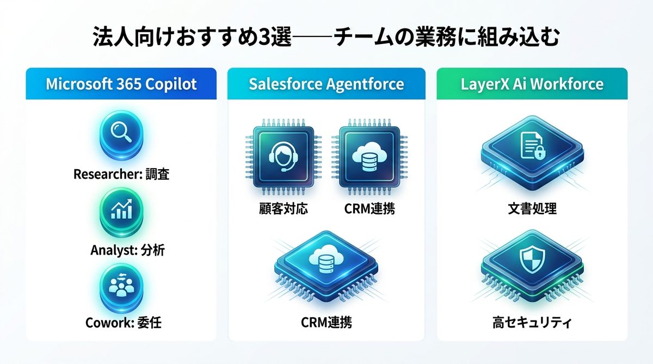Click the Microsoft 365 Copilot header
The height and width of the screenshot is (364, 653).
(x=121, y=84)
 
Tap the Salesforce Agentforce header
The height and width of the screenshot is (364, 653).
(x=326, y=84)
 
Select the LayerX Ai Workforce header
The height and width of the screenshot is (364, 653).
(x=532, y=84)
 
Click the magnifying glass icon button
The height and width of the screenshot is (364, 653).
(x=121, y=134)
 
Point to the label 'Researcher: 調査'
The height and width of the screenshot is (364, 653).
(x=121, y=174)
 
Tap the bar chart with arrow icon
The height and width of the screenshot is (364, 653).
(x=121, y=211)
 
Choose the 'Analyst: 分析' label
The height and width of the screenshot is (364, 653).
(x=128, y=250)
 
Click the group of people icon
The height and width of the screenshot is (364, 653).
(x=121, y=287)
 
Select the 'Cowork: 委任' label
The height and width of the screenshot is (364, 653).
(x=124, y=323)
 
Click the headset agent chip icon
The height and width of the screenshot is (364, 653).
(x=284, y=157)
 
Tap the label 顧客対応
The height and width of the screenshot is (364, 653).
(x=284, y=209)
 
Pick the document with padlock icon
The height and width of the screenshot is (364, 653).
(x=533, y=149)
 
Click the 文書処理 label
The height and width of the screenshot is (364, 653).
(x=532, y=209)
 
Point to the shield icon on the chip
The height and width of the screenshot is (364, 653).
(x=532, y=260)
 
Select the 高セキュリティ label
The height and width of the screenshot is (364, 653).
(x=532, y=323)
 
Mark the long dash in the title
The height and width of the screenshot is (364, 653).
(x=312, y=37)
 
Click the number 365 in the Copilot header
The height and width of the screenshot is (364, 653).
(x=128, y=84)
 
